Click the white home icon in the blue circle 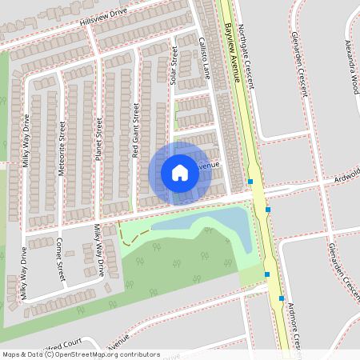tap(180, 172)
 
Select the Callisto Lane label tap(203, 57)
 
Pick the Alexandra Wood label tap(352, 65)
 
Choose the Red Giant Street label tap(136, 128)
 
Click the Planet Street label tap(99, 139)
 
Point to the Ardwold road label tap(346, 173)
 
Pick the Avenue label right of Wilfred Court tap(118, 339)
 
